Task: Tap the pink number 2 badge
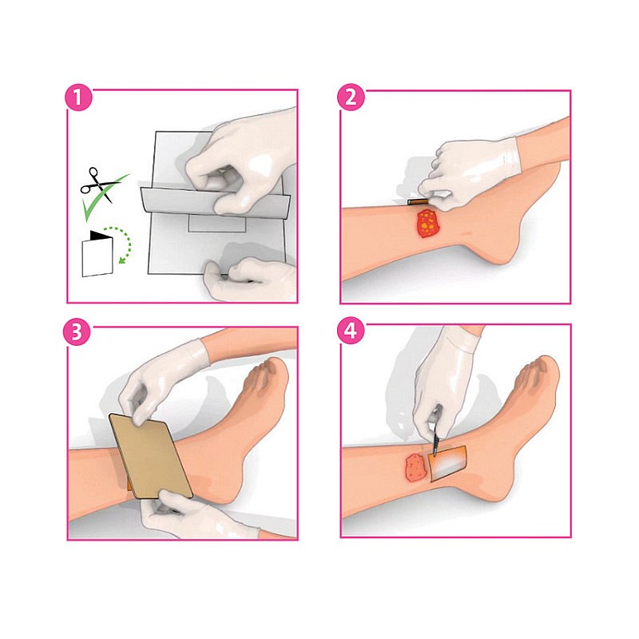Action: (351, 100)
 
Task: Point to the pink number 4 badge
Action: (351, 333)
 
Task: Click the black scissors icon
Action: (96, 182)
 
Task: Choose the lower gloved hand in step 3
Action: (188, 515)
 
